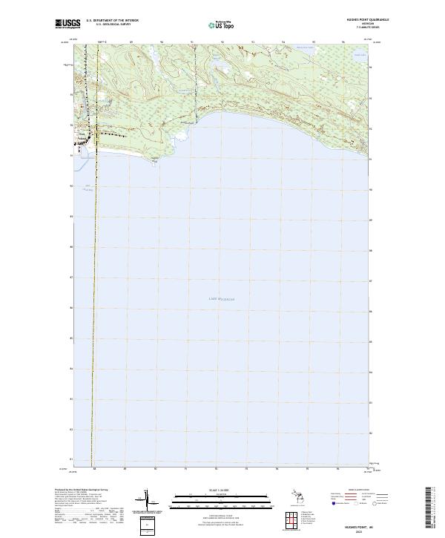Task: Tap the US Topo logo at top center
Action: coord(217,24)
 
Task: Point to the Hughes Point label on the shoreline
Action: coord(154,158)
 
